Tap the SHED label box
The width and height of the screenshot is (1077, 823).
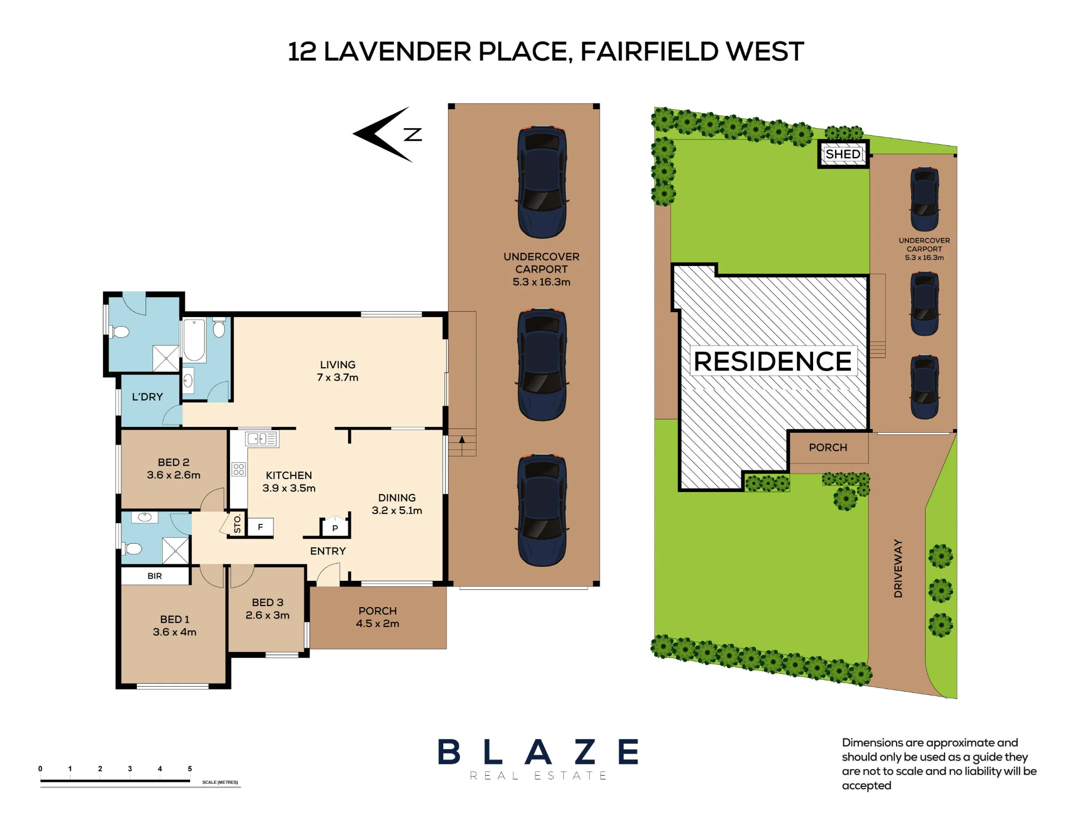pos(843,154)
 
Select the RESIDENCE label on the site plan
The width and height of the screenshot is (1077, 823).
pos(773,361)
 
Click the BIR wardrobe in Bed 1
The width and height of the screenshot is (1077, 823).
pos(155,575)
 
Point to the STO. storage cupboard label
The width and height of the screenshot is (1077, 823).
pos(237,523)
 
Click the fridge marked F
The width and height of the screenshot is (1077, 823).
pos(260,527)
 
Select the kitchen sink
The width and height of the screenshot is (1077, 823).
pos(262,439)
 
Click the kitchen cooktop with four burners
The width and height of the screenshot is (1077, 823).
pos(239,469)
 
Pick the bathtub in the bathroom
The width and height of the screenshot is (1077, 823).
pos(194,340)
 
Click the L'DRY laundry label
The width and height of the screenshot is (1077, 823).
pos(148,397)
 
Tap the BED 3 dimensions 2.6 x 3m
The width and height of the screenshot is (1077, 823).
pos(268,615)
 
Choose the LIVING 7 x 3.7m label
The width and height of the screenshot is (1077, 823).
pos(338,371)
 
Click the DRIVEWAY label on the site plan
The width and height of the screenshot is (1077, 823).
pos(898,568)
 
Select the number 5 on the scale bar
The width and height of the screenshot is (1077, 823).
pos(190,769)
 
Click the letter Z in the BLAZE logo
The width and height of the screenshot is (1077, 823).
pos(585,751)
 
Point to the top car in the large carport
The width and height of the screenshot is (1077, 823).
pos(542,182)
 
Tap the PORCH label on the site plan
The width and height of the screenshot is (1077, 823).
pos(828,447)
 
